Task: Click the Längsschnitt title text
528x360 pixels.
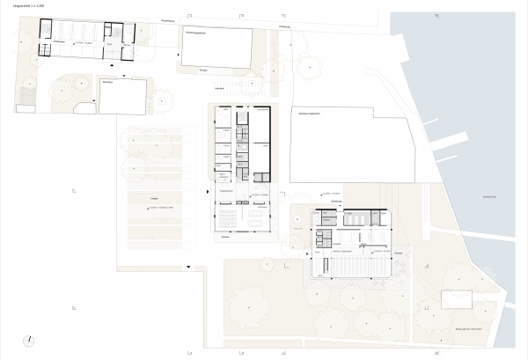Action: click(x=29, y=8)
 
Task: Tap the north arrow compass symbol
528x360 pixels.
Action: click(x=30, y=340)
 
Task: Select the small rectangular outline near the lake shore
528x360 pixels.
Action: click(x=458, y=299)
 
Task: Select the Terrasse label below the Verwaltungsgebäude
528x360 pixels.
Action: click(x=203, y=69)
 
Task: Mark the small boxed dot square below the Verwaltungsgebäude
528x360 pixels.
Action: click(x=252, y=82)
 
